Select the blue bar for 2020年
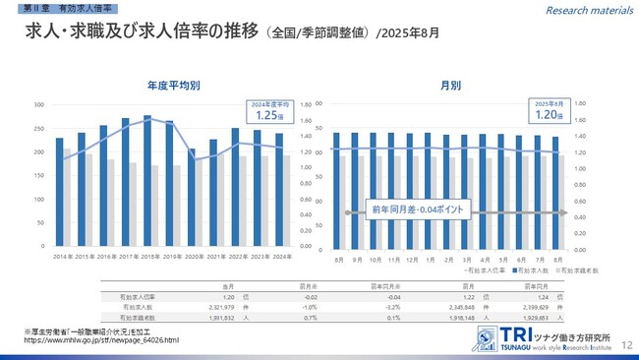tap(192, 198)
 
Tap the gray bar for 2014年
tap(67, 198)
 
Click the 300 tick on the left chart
tap(38, 104)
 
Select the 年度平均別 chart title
tap(174, 86)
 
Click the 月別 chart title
tap(451, 86)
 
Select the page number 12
tap(625, 334)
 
